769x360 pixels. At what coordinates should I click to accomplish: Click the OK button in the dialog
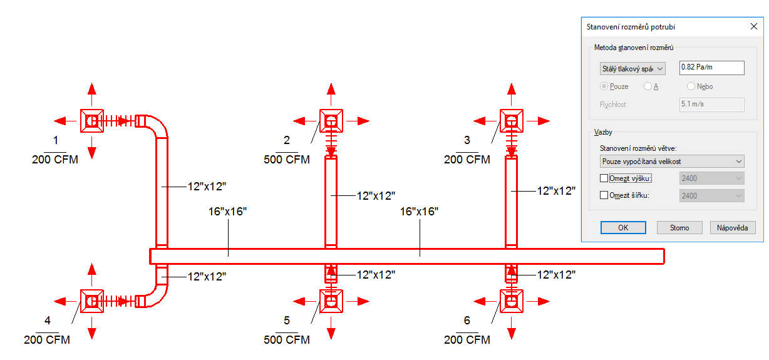622,228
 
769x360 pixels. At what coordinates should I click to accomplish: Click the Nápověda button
732,228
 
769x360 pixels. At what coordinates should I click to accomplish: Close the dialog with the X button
753,27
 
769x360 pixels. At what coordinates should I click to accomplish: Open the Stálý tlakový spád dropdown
632,68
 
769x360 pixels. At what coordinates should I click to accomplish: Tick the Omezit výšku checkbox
604,178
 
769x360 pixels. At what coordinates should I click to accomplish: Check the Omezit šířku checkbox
604,195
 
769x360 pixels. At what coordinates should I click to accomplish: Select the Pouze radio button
604,86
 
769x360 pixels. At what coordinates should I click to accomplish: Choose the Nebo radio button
691,86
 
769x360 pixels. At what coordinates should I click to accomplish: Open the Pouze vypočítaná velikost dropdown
671,162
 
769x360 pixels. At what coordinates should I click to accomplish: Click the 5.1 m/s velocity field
711,105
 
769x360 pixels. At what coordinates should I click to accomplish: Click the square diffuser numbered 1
92,120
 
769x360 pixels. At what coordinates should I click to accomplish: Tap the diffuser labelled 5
331,301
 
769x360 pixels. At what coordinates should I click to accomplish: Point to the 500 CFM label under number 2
287,160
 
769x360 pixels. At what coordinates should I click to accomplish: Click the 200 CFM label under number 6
467,340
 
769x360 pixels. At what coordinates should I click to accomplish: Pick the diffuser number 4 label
48,321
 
